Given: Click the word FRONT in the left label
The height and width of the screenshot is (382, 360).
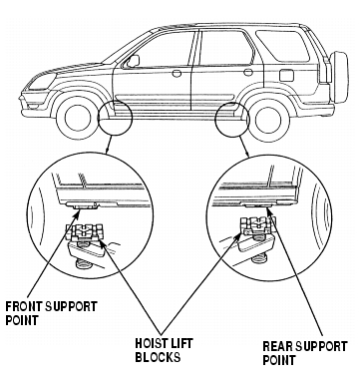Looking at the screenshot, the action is tap(24, 306).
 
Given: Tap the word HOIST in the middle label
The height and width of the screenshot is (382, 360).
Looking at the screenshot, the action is tap(151, 343).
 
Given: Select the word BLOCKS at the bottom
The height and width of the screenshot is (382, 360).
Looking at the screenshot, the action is tap(158, 357).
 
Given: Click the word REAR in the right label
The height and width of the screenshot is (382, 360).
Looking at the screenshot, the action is tap(277, 346).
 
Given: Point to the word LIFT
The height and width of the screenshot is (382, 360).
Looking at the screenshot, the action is tap(181, 343).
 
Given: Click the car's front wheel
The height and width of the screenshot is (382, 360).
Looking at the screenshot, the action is tap(76, 118).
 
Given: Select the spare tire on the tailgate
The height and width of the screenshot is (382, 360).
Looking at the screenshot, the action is tap(340, 77).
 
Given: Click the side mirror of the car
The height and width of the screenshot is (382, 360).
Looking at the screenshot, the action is tap(134, 61).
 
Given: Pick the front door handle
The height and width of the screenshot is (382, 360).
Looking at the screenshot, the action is tap(177, 73).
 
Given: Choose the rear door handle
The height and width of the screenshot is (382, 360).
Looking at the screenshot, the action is tap(248, 72).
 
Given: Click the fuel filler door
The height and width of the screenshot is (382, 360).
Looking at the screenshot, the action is tap(286, 75).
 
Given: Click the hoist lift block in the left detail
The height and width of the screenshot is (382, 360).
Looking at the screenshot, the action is tap(86, 231).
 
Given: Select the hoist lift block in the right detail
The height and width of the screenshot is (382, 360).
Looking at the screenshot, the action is tap(256, 225).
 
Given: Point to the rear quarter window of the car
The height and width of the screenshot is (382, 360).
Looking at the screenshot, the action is tap(283, 46).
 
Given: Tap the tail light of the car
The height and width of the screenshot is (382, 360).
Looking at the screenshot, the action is tap(326, 70).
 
